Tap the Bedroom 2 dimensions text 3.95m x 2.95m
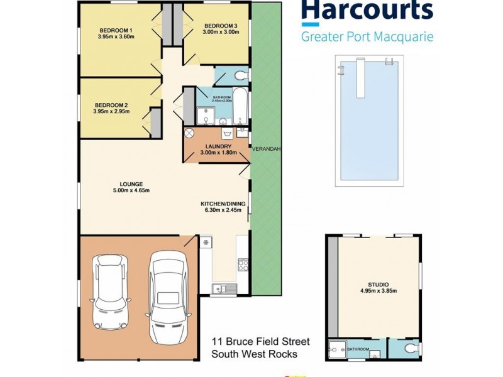click(x=111, y=111)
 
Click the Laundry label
click(x=216, y=146)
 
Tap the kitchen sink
click(x=224, y=288)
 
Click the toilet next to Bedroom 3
click(x=237, y=77)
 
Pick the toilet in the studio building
click(x=407, y=347)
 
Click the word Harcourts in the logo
click(x=367, y=11)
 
